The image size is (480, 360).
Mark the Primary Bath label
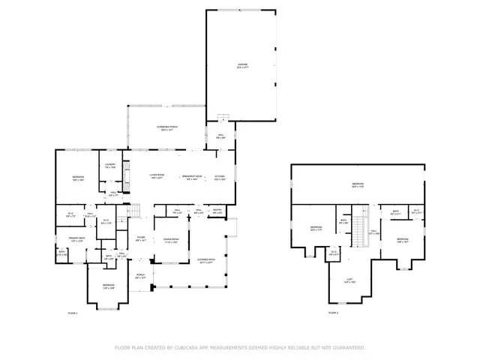(x=77, y=240)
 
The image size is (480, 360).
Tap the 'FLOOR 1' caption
(x=73, y=312)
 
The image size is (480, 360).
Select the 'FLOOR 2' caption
(x=332, y=312)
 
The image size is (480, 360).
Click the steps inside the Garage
(x=221, y=116)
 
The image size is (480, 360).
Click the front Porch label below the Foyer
(x=140, y=275)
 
